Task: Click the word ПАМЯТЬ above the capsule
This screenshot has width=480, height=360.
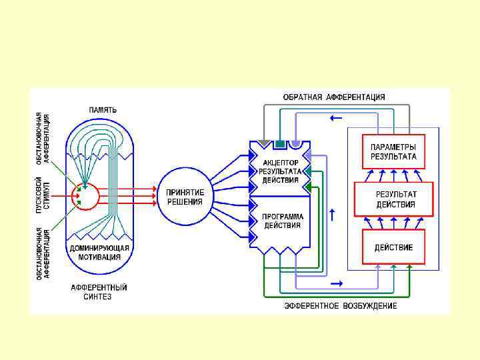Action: [103, 109]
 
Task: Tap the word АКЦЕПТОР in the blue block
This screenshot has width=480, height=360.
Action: [281, 163]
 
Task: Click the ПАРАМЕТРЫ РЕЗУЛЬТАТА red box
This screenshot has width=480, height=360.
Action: [393, 151]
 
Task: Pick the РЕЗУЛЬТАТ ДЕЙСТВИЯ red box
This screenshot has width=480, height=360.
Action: [393, 199]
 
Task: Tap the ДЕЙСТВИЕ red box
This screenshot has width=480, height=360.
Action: [393, 247]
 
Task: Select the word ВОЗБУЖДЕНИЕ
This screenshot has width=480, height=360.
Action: [369, 305]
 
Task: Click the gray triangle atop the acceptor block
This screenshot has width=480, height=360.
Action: [265, 143]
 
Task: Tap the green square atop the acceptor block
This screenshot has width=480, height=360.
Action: [280, 143]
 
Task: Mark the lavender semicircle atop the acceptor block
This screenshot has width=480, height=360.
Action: [295, 143]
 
